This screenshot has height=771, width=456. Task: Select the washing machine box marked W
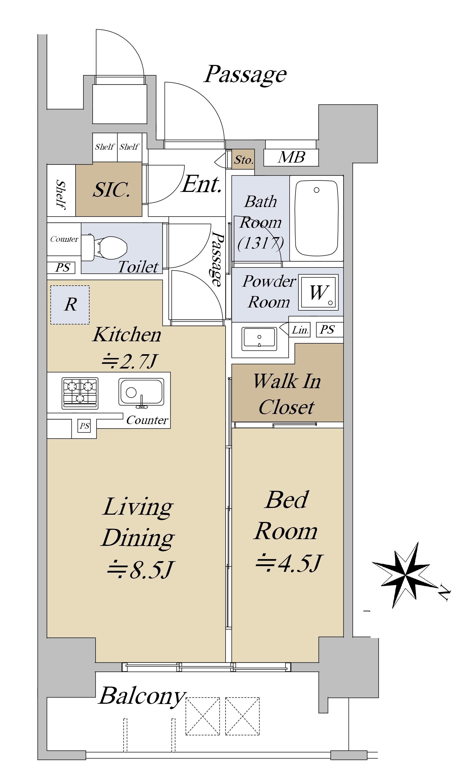318,292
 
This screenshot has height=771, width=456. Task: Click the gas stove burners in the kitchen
80,393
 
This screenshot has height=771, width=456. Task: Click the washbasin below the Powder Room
259,339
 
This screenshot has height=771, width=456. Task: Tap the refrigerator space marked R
70,305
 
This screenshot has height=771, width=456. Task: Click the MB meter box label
291,157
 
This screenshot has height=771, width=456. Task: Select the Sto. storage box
243,159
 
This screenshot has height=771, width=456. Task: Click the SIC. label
112,190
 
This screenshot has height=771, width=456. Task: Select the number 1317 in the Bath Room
261,243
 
